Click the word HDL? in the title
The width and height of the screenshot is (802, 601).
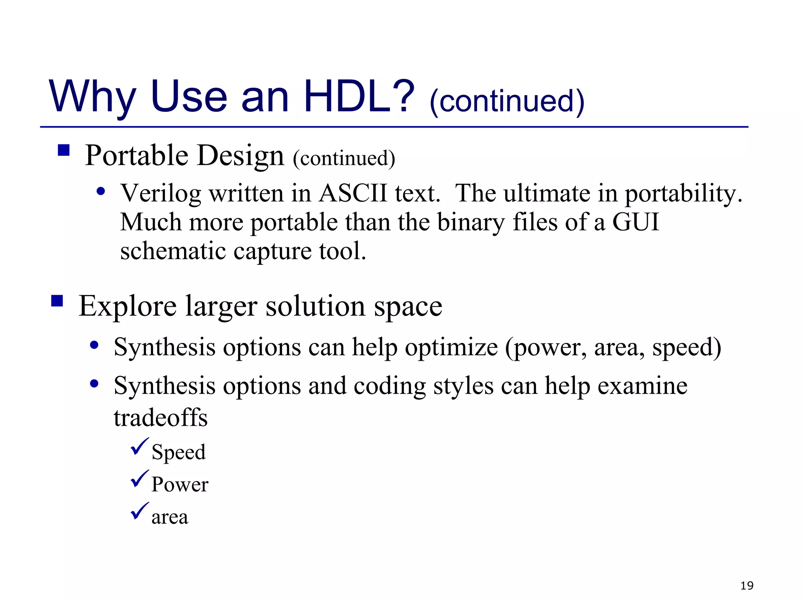coord(358,96)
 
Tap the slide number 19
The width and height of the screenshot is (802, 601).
coord(747,586)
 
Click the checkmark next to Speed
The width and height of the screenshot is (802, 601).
coord(139,447)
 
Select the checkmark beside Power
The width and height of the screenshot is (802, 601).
coord(139,479)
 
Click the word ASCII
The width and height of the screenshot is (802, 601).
coord(352,193)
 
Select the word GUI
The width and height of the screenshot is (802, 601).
coord(636,222)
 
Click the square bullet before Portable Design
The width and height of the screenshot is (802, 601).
coord(63,150)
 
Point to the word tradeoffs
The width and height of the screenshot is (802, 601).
coord(161,417)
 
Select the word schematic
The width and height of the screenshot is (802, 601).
coord(173,251)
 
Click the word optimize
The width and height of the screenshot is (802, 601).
coord(451,347)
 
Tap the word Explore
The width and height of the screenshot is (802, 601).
coord(128,306)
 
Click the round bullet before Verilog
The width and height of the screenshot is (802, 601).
coord(101,191)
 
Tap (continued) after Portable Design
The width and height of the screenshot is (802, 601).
coord(344,158)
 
